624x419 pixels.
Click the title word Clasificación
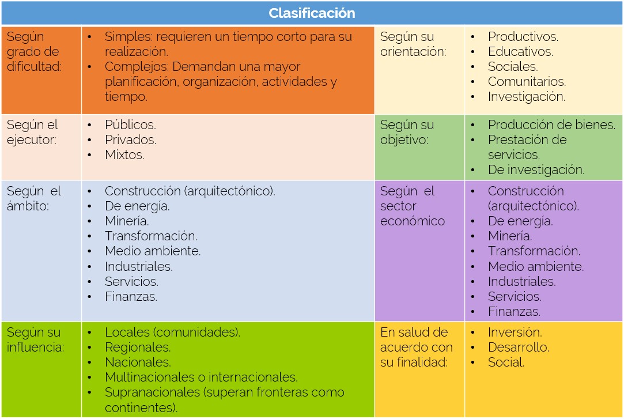(312, 13)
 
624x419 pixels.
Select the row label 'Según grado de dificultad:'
(34, 51)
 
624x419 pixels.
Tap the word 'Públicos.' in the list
(130, 125)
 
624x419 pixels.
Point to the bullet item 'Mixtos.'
(124, 155)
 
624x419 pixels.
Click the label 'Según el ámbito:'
(33, 199)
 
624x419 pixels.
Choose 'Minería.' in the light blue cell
(127, 221)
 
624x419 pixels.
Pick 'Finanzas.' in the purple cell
(514, 312)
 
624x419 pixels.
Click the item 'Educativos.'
(520, 52)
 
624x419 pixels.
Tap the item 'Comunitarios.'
(527, 82)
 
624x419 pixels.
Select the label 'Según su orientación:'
(413, 44)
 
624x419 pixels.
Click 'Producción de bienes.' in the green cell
(551, 125)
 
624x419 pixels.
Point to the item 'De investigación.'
(536, 170)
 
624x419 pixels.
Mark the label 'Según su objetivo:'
(407, 132)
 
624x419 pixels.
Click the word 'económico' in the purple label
(413, 221)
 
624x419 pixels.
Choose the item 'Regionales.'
(138, 348)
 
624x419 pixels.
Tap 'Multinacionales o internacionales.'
(201, 378)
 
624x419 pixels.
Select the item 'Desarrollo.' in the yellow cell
(519, 348)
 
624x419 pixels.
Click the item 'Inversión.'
(515, 332)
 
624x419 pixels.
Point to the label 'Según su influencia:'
(35, 340)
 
